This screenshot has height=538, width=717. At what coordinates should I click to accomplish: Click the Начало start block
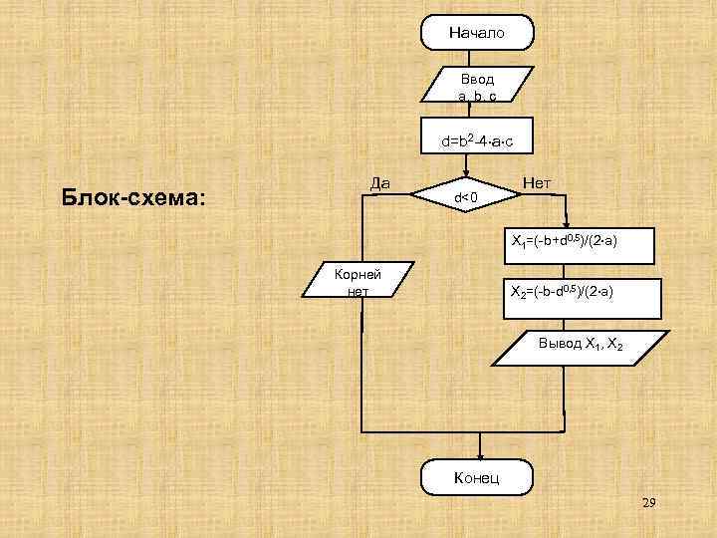477,33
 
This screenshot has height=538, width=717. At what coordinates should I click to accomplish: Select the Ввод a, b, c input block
477,86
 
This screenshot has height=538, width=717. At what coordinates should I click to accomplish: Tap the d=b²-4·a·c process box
477,141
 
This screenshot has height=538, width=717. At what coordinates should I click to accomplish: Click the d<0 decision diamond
467,197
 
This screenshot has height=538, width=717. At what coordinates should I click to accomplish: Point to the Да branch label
379,182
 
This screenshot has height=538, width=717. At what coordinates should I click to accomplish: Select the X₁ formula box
567,242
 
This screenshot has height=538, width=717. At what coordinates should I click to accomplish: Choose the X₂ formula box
567,294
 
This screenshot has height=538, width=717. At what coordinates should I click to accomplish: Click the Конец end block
477,478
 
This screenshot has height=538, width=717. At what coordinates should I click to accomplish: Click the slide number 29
648,506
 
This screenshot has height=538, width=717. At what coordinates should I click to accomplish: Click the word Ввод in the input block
477,78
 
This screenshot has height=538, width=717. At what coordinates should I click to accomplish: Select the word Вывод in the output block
558,344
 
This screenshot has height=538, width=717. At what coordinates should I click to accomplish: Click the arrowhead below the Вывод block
567,410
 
